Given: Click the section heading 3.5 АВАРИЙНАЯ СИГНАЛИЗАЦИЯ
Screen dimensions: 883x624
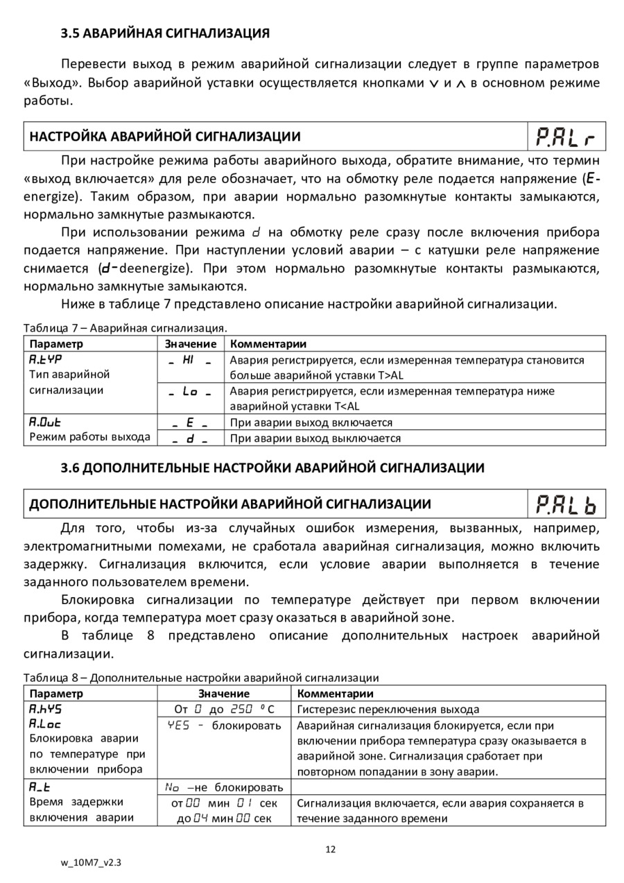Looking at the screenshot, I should pos(165,33).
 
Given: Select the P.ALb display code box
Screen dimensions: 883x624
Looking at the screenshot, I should pos(566,505).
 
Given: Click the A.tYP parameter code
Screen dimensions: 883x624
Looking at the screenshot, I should pos(45,360).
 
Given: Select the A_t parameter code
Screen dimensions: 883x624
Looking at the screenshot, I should pos(40,787).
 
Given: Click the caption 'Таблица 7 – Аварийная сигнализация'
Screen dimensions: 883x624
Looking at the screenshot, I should pos(125,327).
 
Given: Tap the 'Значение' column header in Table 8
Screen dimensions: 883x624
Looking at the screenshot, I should pos(223,694).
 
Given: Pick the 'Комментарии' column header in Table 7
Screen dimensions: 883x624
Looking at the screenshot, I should pos(268,344).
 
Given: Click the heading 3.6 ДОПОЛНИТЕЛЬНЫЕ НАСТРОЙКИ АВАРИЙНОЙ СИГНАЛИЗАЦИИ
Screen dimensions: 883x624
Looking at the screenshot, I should pos(272,468).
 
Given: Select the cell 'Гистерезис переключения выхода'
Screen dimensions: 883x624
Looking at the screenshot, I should pos(388,710).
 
